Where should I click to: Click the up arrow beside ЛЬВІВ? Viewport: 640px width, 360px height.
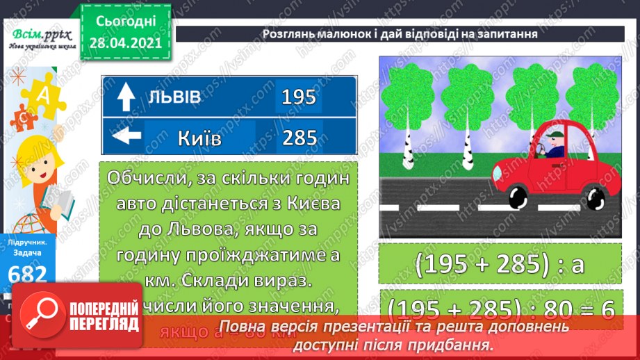click(126, 97)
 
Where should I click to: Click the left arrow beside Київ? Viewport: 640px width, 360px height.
click(126, 136)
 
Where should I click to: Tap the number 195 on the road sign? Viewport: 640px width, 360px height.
click(299, 97)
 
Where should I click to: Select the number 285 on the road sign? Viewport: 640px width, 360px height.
click(299, 138)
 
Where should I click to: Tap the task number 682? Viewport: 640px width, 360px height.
click(28, 273)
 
